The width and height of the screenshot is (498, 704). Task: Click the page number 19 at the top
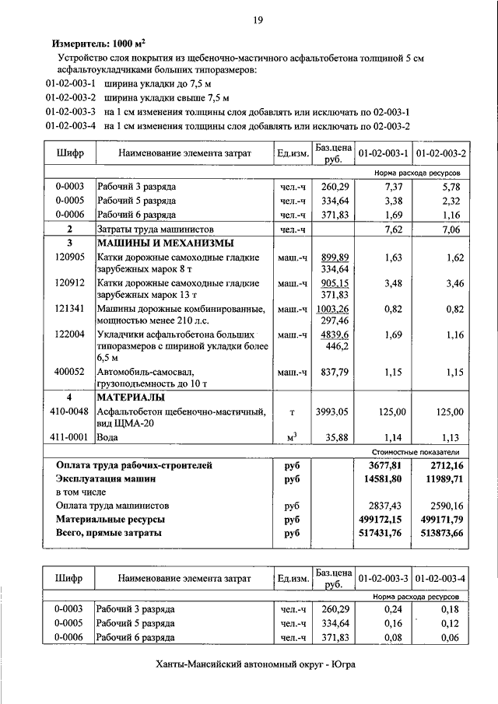coord(256,20)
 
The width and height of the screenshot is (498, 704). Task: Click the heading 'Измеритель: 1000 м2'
coord(98,44)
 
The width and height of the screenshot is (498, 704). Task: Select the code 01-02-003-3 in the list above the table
coord(71,111)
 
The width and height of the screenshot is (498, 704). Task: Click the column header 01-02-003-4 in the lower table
coord(440,579)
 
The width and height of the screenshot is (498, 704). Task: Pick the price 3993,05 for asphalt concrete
coord(331,412)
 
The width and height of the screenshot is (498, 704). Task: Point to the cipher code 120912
coord(70,283)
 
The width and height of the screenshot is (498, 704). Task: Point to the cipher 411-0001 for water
coord(70,437)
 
